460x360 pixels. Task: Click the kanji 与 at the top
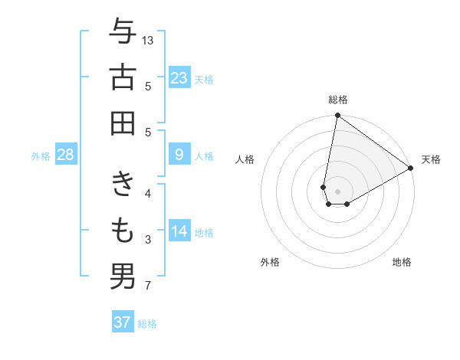coord(123,32)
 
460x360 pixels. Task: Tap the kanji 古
coord(123,78)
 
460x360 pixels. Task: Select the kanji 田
coord(123,124)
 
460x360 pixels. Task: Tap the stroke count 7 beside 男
coord(148,286)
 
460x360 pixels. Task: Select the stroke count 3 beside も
coord(148,241)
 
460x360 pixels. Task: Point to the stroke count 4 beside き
coord(148,195)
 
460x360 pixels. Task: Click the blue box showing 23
coord(179,78)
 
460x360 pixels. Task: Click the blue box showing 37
coord(122,322)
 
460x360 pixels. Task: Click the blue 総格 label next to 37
coord(147,324)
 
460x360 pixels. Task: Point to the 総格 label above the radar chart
coord(338,100)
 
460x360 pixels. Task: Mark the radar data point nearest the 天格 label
coord(412,169)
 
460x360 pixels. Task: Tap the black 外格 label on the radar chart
coord(270,263)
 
